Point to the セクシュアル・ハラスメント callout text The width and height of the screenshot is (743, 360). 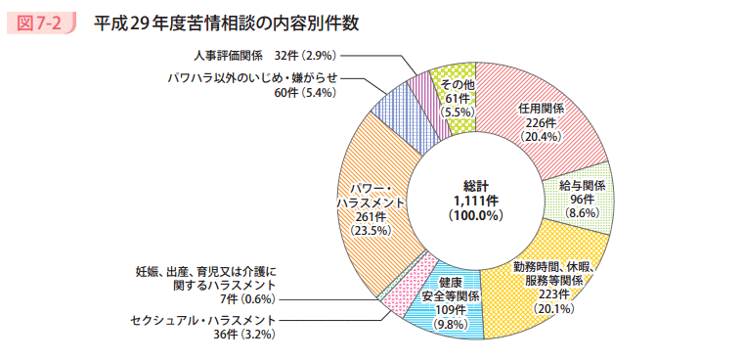[x=203, y=320]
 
